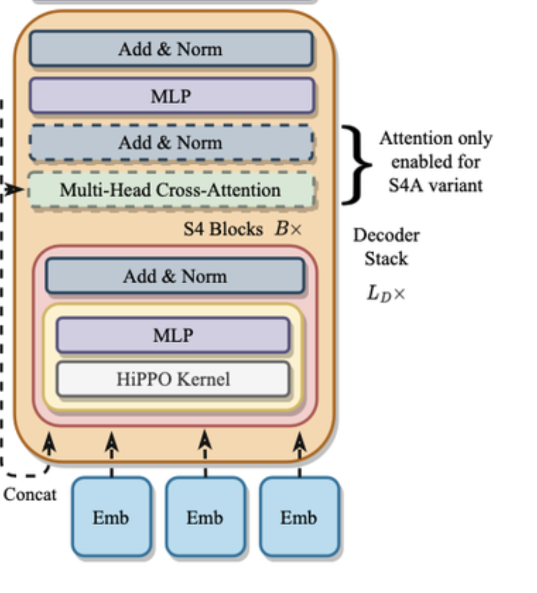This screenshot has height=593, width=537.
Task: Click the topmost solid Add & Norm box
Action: (171, 49)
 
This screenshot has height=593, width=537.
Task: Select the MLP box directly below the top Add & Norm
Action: (171, 96)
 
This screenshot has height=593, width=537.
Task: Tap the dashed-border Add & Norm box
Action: (171, 142)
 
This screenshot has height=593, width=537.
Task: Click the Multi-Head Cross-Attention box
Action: (171, 190)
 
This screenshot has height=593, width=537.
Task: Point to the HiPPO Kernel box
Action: (173, 379)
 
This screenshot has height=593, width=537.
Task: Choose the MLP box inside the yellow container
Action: (173, 335)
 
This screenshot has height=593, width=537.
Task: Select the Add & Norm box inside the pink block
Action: (175, 276)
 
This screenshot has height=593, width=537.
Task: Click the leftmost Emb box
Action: (111, 517)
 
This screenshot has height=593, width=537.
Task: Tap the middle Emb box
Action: (205, 517)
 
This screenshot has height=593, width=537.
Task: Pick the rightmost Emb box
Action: (299, 517)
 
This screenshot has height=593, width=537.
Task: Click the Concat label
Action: (30, 494)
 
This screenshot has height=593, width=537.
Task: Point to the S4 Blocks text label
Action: (223, 229)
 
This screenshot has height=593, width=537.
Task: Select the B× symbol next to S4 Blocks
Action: (288, 229)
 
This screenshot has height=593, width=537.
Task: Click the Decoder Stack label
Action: (386, 247)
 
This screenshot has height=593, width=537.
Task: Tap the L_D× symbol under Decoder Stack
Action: (386, 293)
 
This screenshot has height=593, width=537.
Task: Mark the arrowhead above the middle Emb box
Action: (205, 440)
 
